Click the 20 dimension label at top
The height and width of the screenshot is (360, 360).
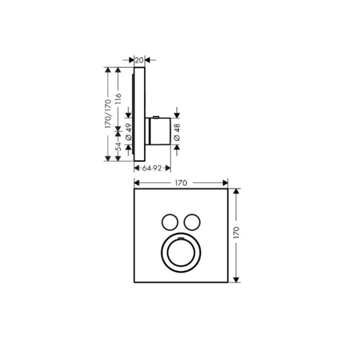coord(139,60)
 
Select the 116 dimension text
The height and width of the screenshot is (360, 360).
coord(118,98)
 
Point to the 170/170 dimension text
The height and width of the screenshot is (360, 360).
coord(107,113)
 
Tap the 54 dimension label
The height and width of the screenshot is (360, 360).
coord(118,146)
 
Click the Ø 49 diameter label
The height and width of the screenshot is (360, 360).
coord(128,132)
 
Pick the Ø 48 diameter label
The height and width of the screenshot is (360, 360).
coord(177,132)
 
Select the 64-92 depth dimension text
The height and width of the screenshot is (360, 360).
coord(152,168)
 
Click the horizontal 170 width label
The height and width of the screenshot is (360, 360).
coord(181,183)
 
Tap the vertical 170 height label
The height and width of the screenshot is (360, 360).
coord(236,232)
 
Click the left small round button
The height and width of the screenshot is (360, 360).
coord(170,222)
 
